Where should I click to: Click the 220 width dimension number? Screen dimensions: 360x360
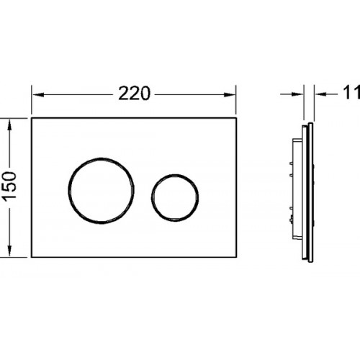[134, 94]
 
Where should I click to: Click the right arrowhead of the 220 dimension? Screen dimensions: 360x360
[230, 95]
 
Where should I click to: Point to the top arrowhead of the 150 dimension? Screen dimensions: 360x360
[9, 125]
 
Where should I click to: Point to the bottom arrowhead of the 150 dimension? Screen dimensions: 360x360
[9, 251]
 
